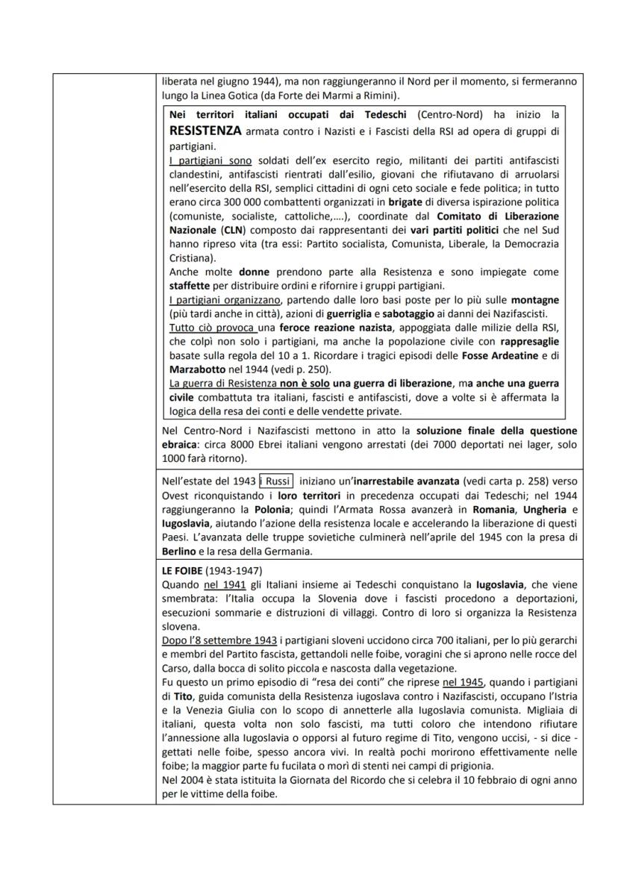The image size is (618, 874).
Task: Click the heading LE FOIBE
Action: coord(184,569)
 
